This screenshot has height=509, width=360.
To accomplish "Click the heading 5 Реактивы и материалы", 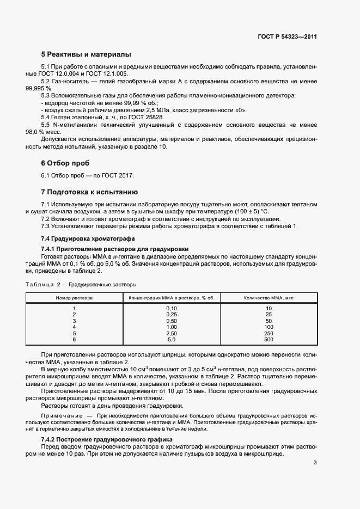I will point(86,54).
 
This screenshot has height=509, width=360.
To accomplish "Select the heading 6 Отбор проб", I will point(65,163).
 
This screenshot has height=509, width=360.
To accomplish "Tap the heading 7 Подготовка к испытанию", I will point(90,192).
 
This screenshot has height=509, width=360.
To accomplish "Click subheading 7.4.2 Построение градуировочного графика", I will point(107,439).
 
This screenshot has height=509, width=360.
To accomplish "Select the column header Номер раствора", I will point(74,298).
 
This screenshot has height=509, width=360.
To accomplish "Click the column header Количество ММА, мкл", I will point(269,298).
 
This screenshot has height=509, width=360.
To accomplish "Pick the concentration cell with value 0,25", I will point(172,315).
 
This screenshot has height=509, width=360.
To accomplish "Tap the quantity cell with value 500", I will point(269,339).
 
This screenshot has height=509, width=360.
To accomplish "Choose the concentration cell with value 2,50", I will point(172,333).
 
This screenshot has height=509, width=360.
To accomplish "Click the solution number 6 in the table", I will point(74,339).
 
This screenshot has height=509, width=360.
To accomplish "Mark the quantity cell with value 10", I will point(269,309).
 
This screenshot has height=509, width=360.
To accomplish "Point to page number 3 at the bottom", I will point(315,463).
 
